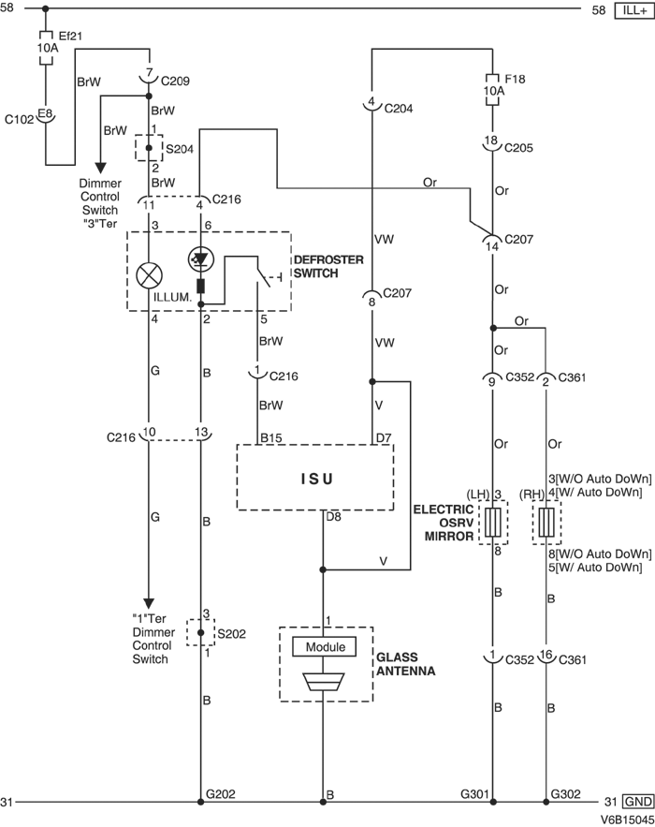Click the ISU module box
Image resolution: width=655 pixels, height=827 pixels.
(x=314, y=478)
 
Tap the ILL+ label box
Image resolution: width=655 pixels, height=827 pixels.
(x=633, y=10)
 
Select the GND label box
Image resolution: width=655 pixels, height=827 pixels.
(x=637, y=802)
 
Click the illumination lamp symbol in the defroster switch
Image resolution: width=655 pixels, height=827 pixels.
(x=148, y=273)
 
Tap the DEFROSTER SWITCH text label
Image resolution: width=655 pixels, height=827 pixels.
(x=328, y=266)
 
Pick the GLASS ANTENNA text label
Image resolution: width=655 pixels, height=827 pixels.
(x=405, y=664)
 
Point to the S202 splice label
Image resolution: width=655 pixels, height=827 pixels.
(x=231, y=633)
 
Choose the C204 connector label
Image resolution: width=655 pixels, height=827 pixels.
(x=397, y=108)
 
